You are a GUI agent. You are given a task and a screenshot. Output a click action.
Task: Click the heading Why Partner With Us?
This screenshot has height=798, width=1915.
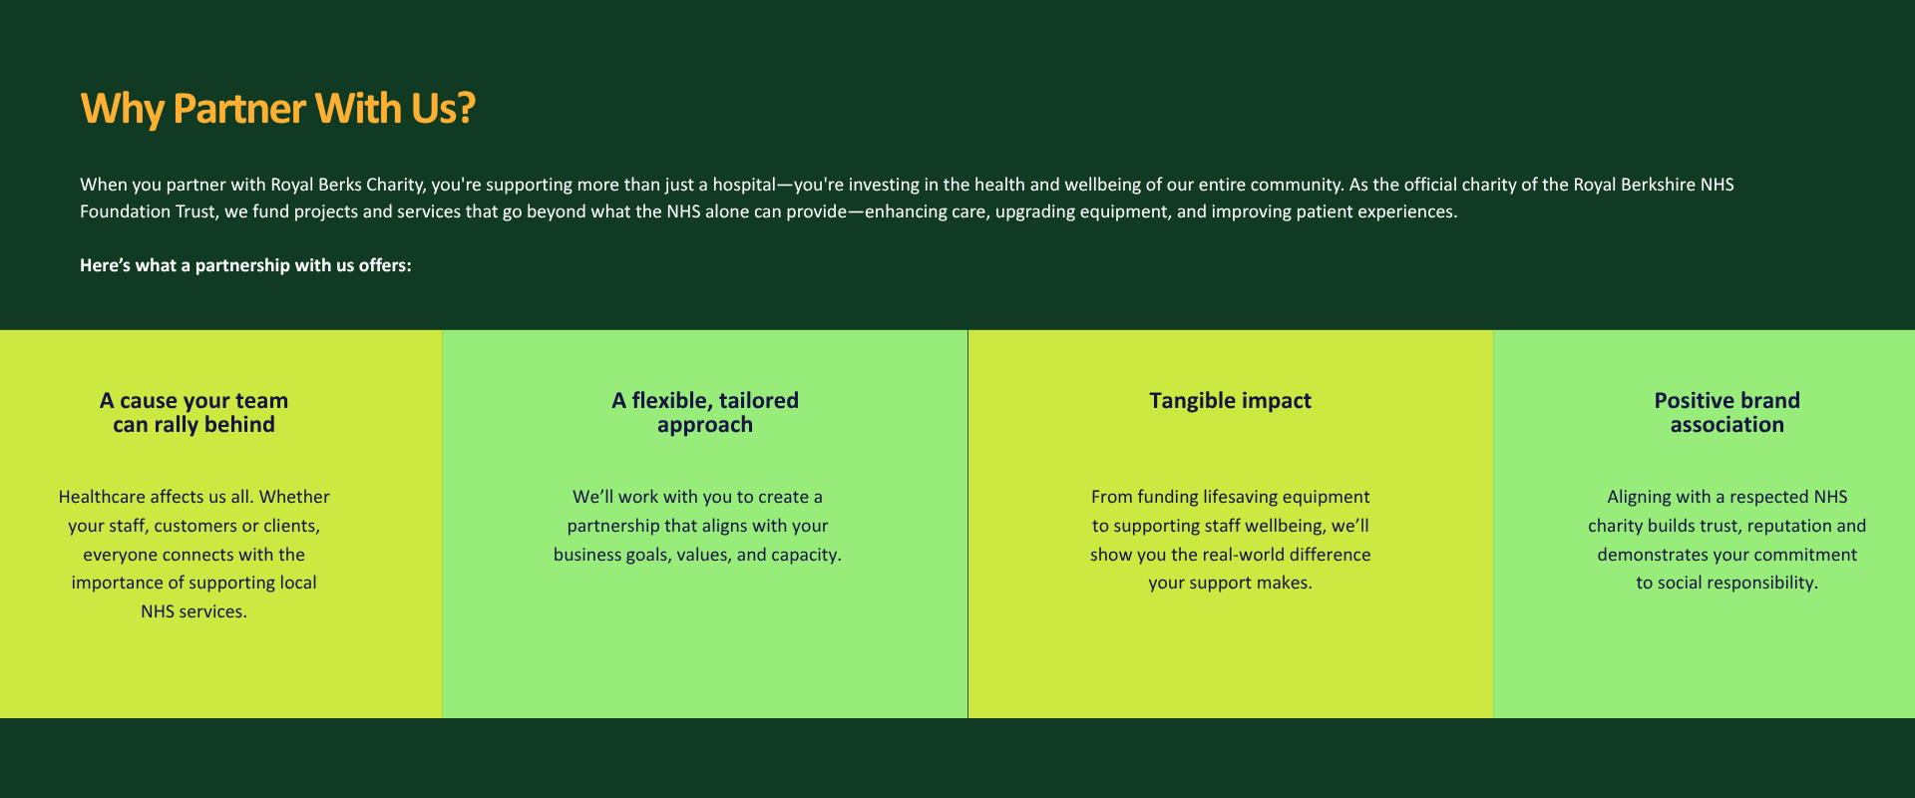(x=277, y=109)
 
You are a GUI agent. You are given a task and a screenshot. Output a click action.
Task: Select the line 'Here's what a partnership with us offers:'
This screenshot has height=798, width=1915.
(x=245, y=265)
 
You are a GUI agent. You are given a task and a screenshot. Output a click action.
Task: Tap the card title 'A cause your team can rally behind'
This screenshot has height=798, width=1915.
(x=193, y=412)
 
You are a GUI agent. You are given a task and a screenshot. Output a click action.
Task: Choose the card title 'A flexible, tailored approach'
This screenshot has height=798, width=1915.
(x=705, y=412)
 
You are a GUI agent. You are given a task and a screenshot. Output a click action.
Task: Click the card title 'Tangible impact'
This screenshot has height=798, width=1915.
(x=1230, y=401)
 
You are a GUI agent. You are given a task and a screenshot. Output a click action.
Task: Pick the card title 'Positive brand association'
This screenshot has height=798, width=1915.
(x=1727, y=412)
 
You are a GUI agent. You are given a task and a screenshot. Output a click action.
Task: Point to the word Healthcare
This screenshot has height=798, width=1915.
(x=102, y=497)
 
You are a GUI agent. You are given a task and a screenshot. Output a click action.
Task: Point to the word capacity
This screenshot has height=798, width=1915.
(x=806, y=555)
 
